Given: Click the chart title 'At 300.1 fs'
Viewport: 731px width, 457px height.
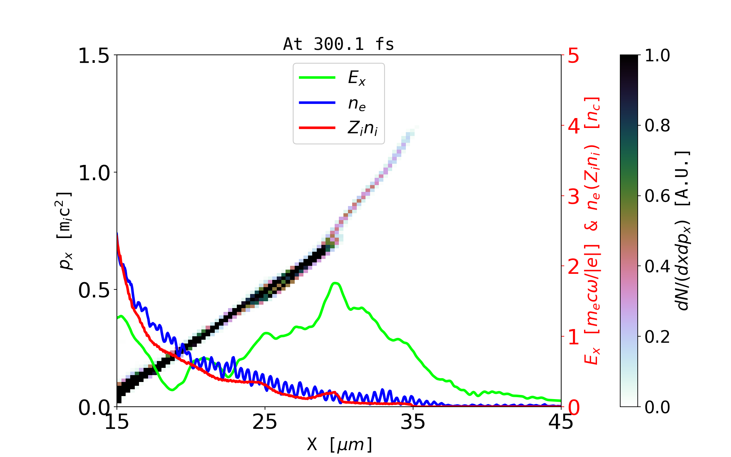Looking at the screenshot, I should [x=338, y=45].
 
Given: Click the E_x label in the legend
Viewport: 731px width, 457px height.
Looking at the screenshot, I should [x=357, y=78].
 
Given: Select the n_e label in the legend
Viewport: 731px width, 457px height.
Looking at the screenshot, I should [x=357, y=103].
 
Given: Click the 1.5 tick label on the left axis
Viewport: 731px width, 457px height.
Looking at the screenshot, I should [x=94, y=56].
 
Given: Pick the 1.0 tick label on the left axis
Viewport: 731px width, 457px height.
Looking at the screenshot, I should [x=94, y=173].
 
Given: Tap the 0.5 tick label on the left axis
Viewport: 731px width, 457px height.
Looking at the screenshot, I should [x=94, y=291].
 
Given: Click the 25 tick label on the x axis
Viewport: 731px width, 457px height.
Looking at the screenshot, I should [x=265, y=422].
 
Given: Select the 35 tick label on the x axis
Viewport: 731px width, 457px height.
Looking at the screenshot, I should [x=413, y=422].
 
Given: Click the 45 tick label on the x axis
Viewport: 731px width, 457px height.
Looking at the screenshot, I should [x=561, y=422].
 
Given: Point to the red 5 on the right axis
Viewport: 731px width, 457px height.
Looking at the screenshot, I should [x=574, y=56].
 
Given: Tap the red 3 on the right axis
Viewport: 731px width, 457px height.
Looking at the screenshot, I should [x=574, y=197].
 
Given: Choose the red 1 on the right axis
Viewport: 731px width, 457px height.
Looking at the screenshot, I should [x=574, y=337].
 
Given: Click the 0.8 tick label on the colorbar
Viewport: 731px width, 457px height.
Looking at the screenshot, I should [x=658, y=126].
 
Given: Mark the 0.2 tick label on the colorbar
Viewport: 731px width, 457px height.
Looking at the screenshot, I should [x=658, y=337].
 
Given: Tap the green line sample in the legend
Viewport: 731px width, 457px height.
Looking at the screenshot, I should [x=317, y=78].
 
